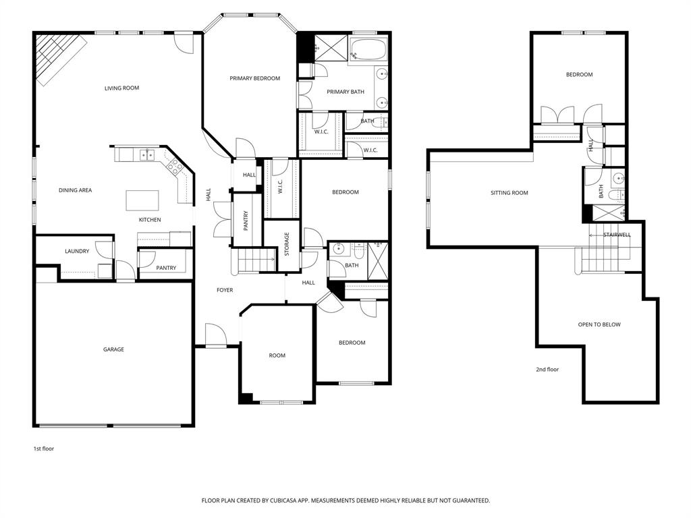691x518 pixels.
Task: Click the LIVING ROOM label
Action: pos(121,88)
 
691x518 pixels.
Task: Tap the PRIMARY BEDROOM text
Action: pos(254,78)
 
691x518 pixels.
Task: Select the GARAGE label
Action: pos(113,349)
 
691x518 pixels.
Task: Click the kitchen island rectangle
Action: pos(142,200)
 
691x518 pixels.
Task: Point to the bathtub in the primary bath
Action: pos(367,50)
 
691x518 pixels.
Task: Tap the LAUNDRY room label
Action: pos(77,252)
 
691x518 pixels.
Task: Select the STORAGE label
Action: pos(287,243)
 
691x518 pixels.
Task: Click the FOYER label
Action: pos(225,290)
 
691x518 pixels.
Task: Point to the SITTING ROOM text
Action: pos(509,193)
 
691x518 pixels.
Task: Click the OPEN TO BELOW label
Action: pos(599,324)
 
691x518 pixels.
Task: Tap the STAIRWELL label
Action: pos(616,235)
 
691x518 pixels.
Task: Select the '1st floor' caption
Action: pos(44,449)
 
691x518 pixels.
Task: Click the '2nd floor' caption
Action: pos(547,369)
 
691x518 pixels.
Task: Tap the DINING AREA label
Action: pos(75,190)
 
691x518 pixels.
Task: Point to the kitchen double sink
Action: pos(146,155)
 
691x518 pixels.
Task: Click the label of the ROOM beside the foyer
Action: pos(277,355)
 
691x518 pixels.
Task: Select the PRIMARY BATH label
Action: pos(345,92)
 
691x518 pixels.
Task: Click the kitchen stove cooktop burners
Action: pos(173,165)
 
